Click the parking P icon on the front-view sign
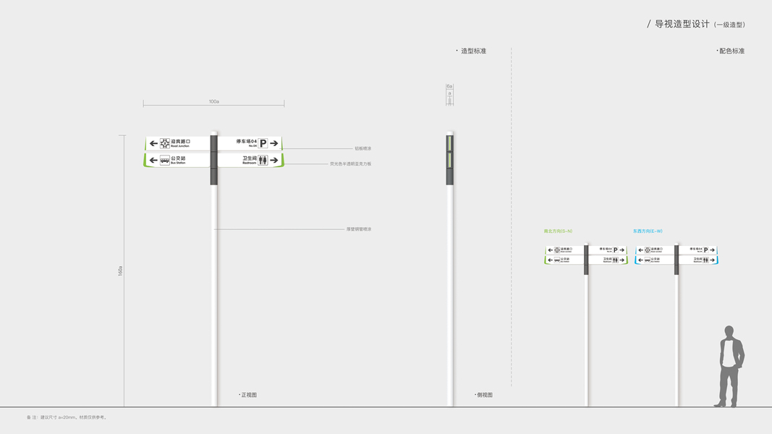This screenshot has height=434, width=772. tap(263, 143)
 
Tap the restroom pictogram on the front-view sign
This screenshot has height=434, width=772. tap(263, 160)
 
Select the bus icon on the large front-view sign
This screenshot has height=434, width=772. tap(165, 160)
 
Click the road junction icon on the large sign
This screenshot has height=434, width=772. tap(165, 143)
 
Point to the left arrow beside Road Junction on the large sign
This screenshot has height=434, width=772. tap(153, 143)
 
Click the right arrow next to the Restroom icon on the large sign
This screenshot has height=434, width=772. tap(274, 160)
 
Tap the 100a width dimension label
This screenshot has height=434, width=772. tap(213, 102)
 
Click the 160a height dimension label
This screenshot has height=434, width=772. tap(120, 271)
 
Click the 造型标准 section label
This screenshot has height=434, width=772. tap(473, 51)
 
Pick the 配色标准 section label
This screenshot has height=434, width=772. tap(731, 51)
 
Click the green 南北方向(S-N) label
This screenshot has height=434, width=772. tap(558, 231)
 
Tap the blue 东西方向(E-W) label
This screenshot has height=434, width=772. tap(648, 231)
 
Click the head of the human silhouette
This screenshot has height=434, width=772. tap(729, 332)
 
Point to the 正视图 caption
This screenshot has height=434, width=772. tap(249, 395)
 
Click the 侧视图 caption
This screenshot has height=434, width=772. tap(485, 395)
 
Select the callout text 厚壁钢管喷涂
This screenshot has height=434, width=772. tap(359, 229)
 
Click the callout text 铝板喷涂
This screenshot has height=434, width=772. tap(362, 148)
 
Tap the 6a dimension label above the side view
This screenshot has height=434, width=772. tap(449, 87)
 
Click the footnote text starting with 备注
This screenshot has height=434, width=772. tap(67, 417)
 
